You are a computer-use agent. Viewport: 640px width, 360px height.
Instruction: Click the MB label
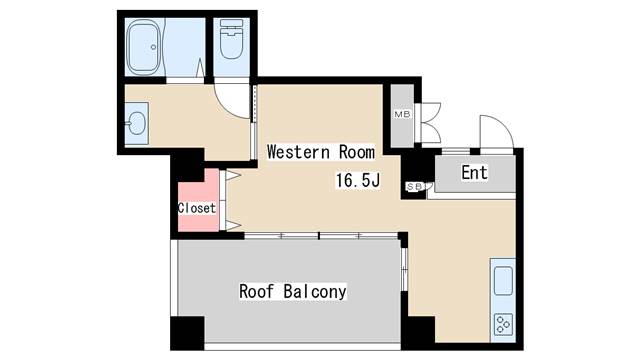(x=402, y=114)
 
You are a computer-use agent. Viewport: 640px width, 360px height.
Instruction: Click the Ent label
(x=474, y=173)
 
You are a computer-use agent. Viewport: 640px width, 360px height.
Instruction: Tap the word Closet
(x=196, y=208)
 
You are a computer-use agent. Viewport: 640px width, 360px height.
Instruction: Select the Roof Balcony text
(x=292, y=292)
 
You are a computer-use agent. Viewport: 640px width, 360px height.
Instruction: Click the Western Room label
(x=320, y=152)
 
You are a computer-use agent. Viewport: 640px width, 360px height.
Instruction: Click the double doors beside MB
(x=430, y=122)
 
